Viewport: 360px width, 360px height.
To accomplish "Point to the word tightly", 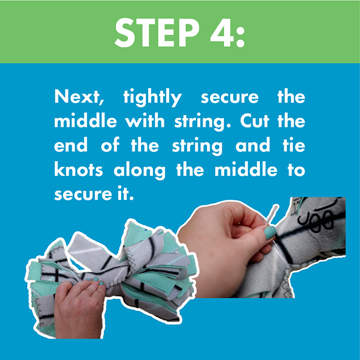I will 152,97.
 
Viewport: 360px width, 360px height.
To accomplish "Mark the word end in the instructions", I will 71,145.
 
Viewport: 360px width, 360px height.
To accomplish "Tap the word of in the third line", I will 113,145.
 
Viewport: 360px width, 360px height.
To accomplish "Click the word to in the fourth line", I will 294,170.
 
